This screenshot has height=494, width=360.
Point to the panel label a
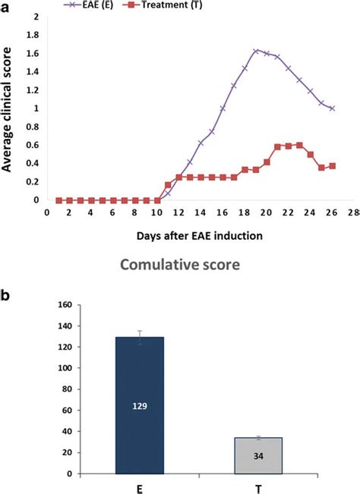pyautogui.click(x=5, y=6)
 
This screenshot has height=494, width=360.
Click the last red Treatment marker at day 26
pyautogui.click(x=332, y=166)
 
